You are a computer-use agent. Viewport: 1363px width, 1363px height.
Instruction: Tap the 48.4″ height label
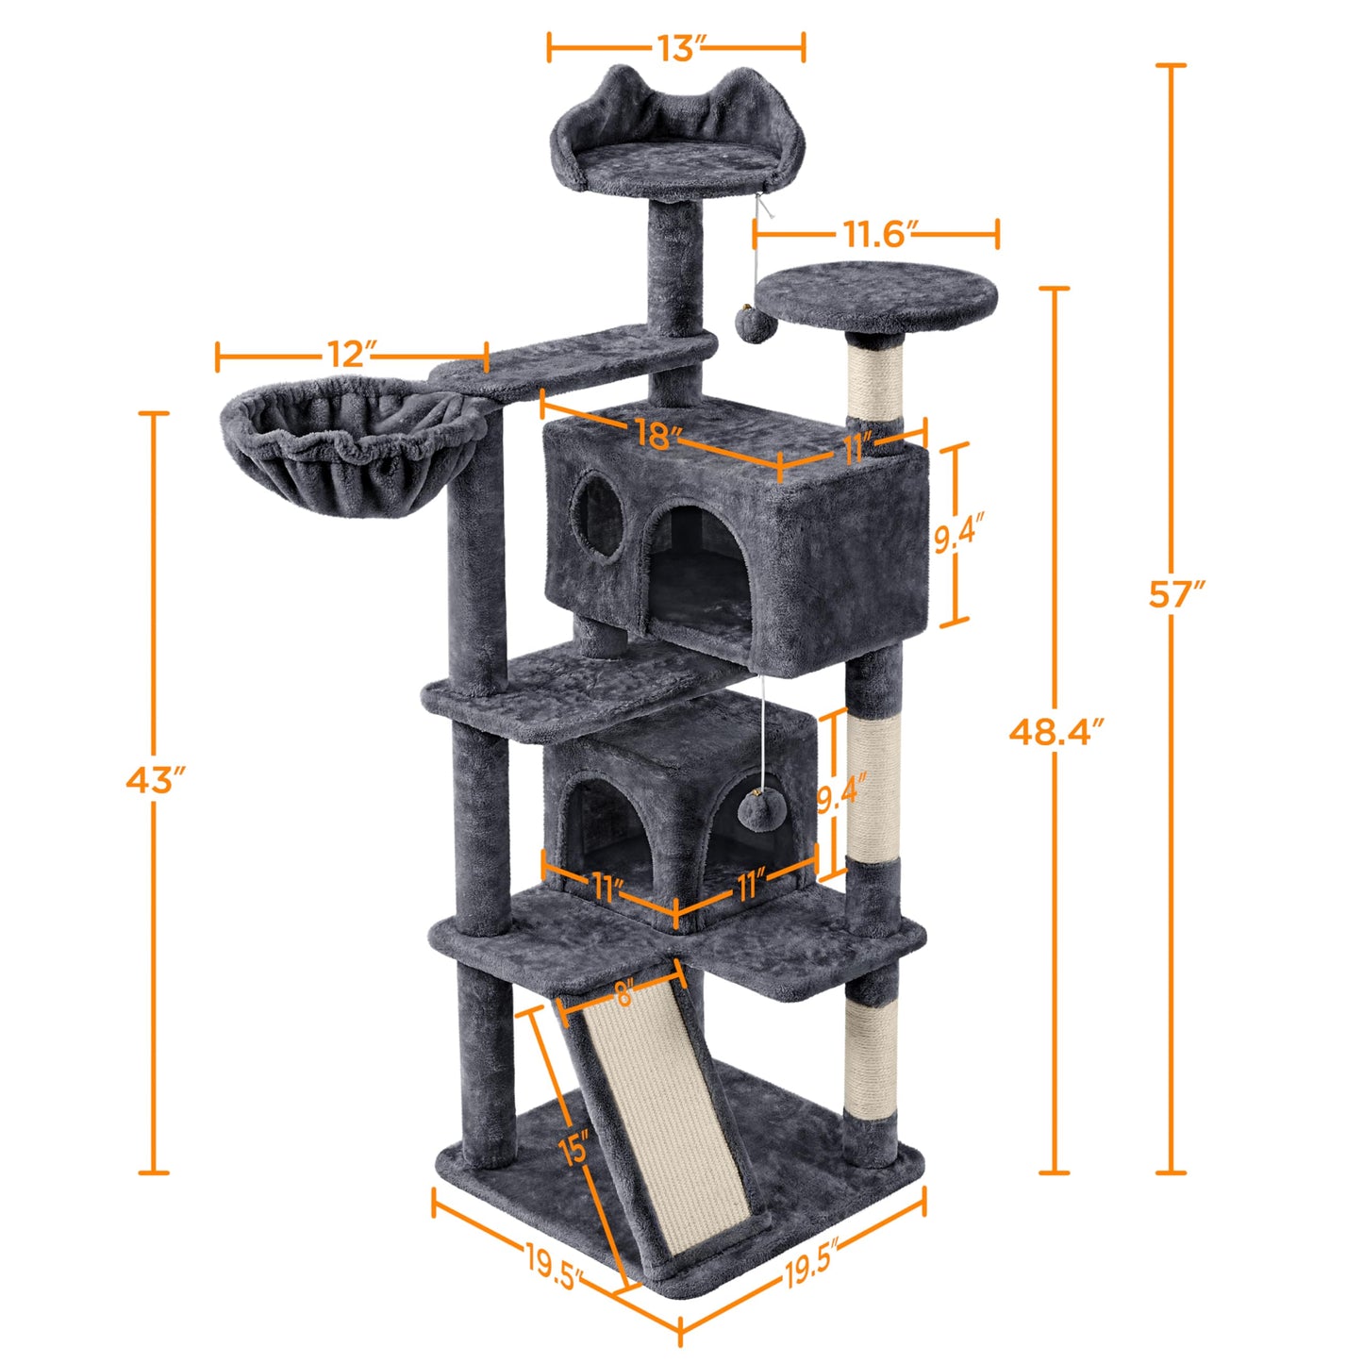tap(1055, 731)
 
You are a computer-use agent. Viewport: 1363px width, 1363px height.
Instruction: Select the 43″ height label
tap(155, 780)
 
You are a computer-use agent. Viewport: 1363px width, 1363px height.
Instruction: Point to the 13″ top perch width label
tap(676, 48)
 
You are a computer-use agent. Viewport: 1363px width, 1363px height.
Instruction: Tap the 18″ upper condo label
tap(657, 434)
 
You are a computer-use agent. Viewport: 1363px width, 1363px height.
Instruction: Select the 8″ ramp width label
tap(623, 993)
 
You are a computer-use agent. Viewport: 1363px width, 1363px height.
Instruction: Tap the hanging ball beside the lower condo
tap(759, 809)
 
